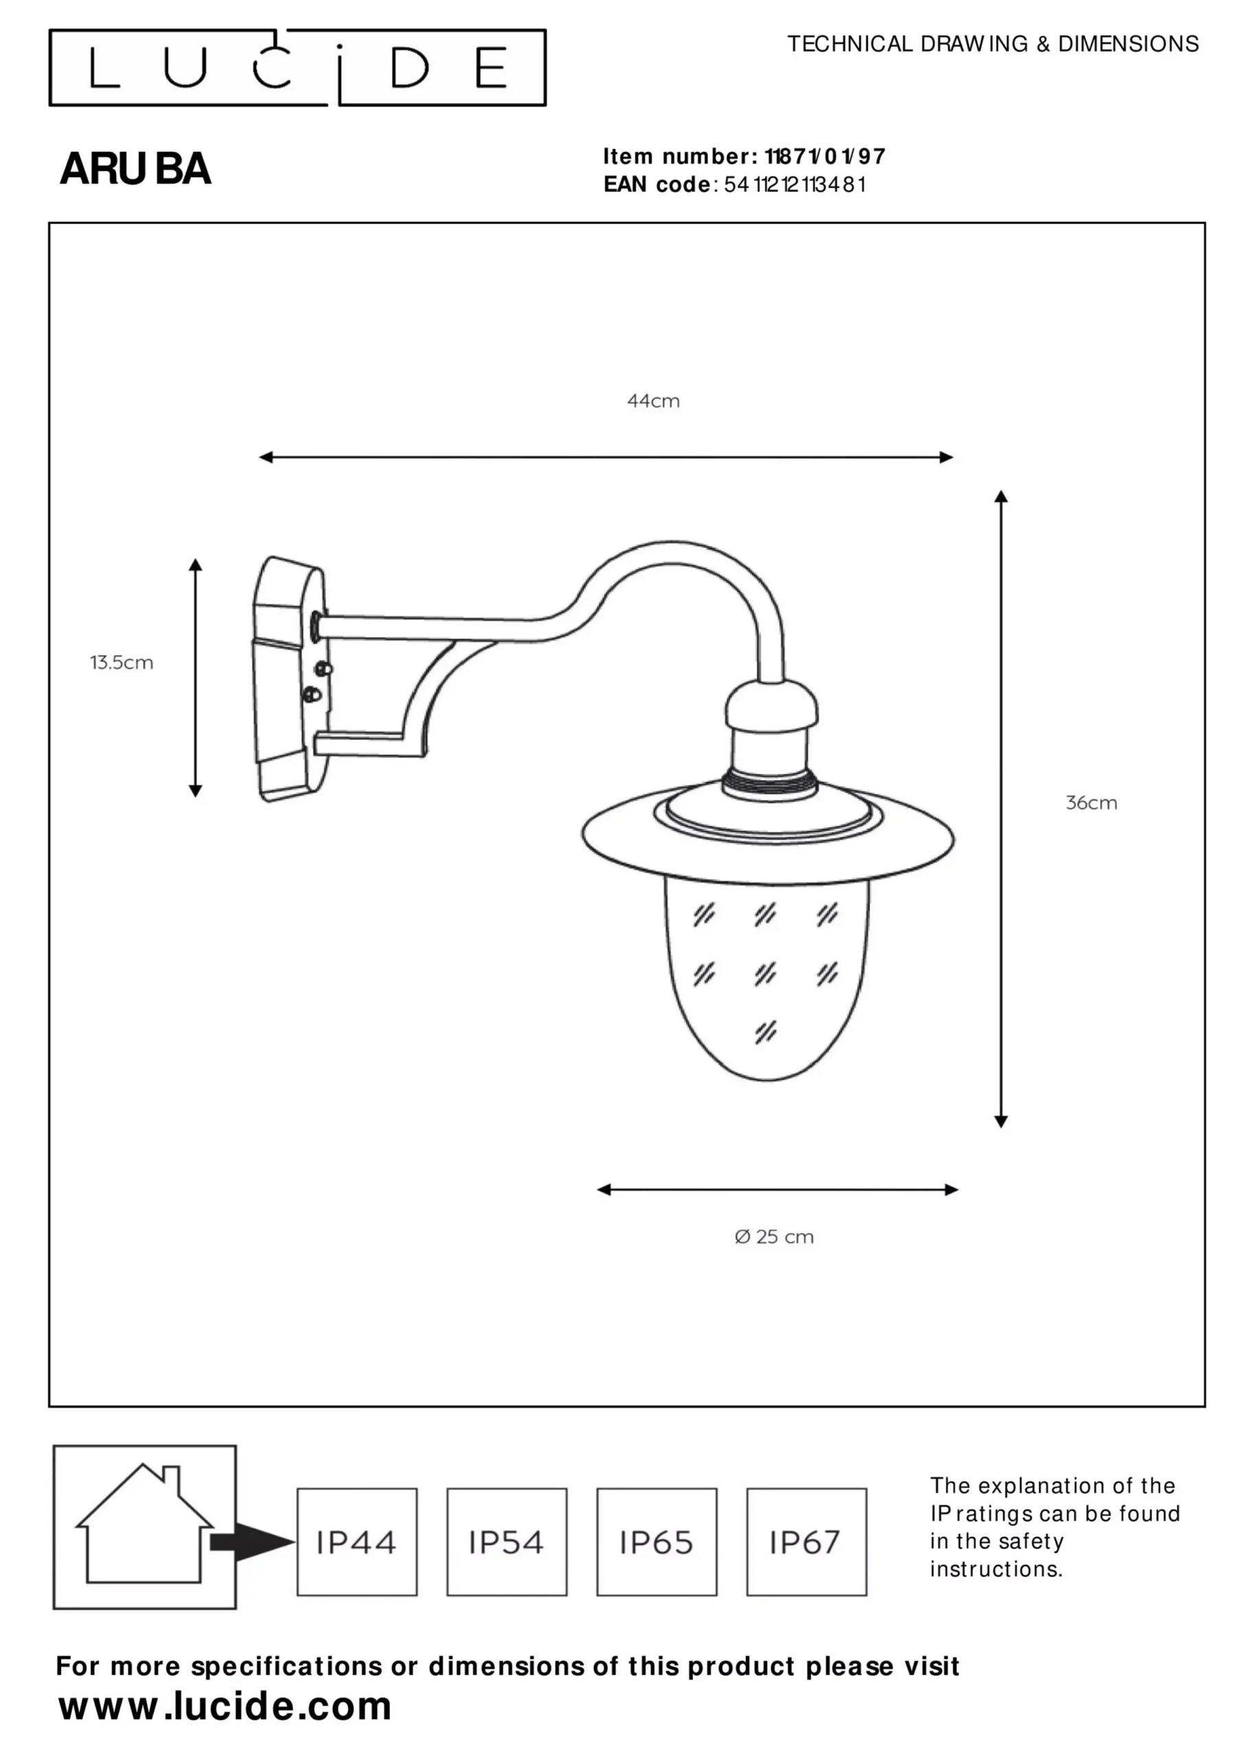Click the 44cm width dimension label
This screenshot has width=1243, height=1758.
click(653, 401)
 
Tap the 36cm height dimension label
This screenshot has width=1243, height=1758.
click(1091, 803)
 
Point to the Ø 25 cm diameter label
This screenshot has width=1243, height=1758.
click(773, 1237)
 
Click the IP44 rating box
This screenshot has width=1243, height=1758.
click(357, 1542)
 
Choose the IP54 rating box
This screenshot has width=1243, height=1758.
click(507, 1542)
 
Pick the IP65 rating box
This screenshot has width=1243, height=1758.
click(657, 1542)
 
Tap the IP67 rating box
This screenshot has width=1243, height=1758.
click(806, 1542)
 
